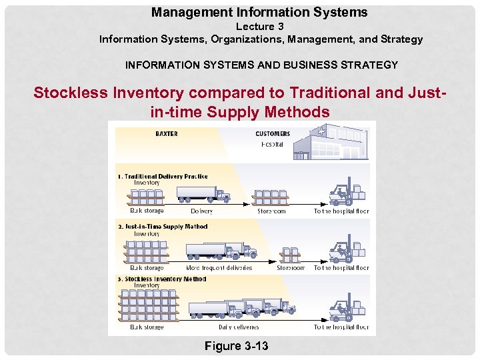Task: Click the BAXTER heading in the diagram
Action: [166, 133]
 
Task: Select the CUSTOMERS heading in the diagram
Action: [273, 133]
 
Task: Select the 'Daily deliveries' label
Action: [239, 327]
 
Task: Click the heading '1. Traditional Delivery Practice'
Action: [163, 177]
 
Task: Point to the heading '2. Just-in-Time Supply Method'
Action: [163, 227]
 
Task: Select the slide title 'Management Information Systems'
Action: [259, 12]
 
